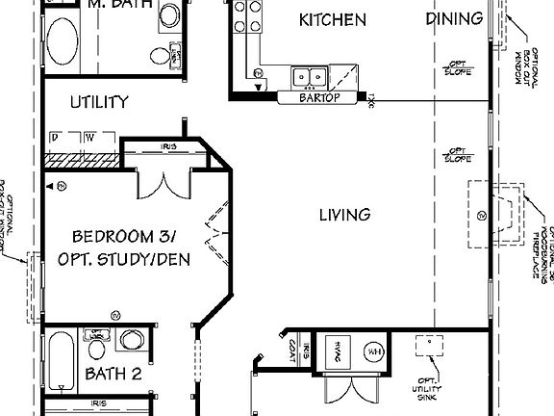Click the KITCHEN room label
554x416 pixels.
click(332, 20)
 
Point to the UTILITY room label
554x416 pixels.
click(99, 101)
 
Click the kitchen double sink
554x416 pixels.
click(312, 75)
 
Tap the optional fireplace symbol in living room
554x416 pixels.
click(497, 210)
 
